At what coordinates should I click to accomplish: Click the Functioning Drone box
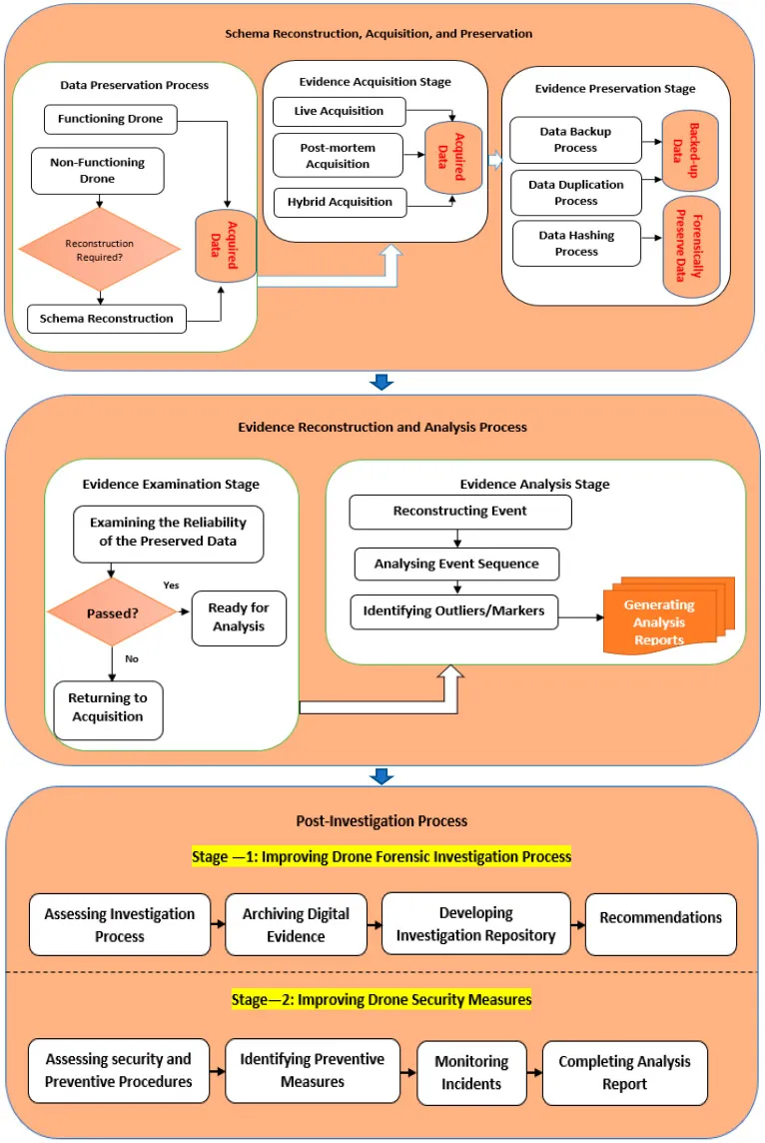(x=110, y=120)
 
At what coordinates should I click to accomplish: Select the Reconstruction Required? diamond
(x=99, y=250)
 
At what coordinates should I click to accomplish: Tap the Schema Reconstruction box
(x=107, y=320)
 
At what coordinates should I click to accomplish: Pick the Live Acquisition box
(x=340, y=110)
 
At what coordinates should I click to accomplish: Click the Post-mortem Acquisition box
(x=338, y=156)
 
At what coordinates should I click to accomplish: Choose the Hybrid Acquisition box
(x=340, y=202)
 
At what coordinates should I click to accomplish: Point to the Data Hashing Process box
(x=576, y=244)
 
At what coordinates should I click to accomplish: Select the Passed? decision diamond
(x=113, y=611)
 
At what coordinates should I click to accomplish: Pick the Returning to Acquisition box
(x=108, y=708)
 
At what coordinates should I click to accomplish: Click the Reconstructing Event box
(x=459, y=512)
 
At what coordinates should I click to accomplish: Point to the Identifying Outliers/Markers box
(x=453, y=611)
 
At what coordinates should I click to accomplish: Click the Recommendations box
(x=660, y=918)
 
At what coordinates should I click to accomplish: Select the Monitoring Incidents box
(x=471, y=1072)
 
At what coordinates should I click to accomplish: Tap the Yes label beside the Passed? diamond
(x=171, y=584)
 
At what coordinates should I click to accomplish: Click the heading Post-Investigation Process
(x=382, y=821)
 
